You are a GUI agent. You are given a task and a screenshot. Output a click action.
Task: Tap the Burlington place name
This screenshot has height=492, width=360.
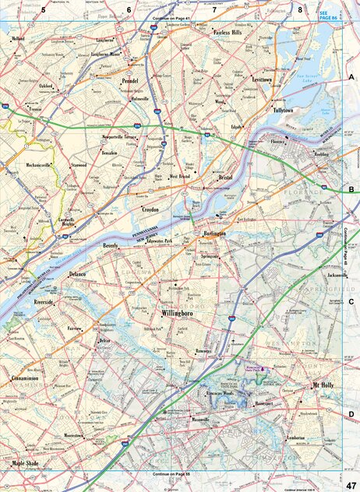pos(214,234)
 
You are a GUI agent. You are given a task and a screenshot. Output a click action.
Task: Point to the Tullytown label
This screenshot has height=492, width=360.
pos(288,111)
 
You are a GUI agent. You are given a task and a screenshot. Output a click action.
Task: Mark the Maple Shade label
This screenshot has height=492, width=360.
pos(29,464)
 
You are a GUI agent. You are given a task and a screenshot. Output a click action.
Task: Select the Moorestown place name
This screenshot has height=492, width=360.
pos(73,436)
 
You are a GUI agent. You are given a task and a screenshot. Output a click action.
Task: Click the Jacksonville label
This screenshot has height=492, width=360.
pos(337,275)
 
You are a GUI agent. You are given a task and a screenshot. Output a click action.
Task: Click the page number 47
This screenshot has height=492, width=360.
pos(351,483)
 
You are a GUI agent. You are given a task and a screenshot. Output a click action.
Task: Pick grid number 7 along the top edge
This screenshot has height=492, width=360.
pos(214,9)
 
